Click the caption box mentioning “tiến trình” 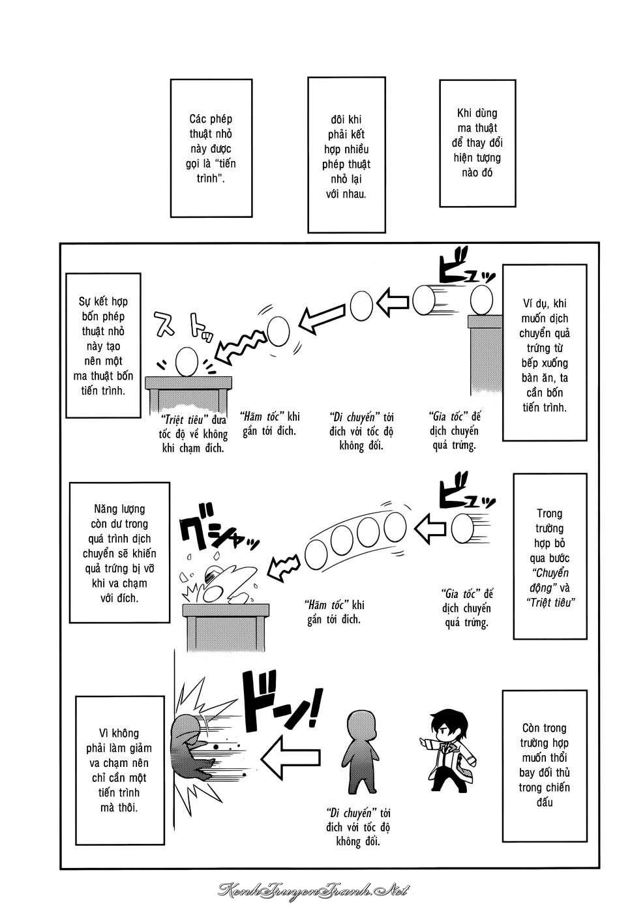point(211,149)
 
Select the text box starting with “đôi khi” point(346,155)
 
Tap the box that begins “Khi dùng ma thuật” point(477,143)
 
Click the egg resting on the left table point(187,361)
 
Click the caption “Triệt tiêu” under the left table point(193,434)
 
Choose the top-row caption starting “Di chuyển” point(361,431)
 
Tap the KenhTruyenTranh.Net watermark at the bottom point(314,890)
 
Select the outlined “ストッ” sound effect point(183,327)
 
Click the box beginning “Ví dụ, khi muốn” point(545,353)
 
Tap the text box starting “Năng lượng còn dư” point(119,552)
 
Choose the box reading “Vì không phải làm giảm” point(120,770)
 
